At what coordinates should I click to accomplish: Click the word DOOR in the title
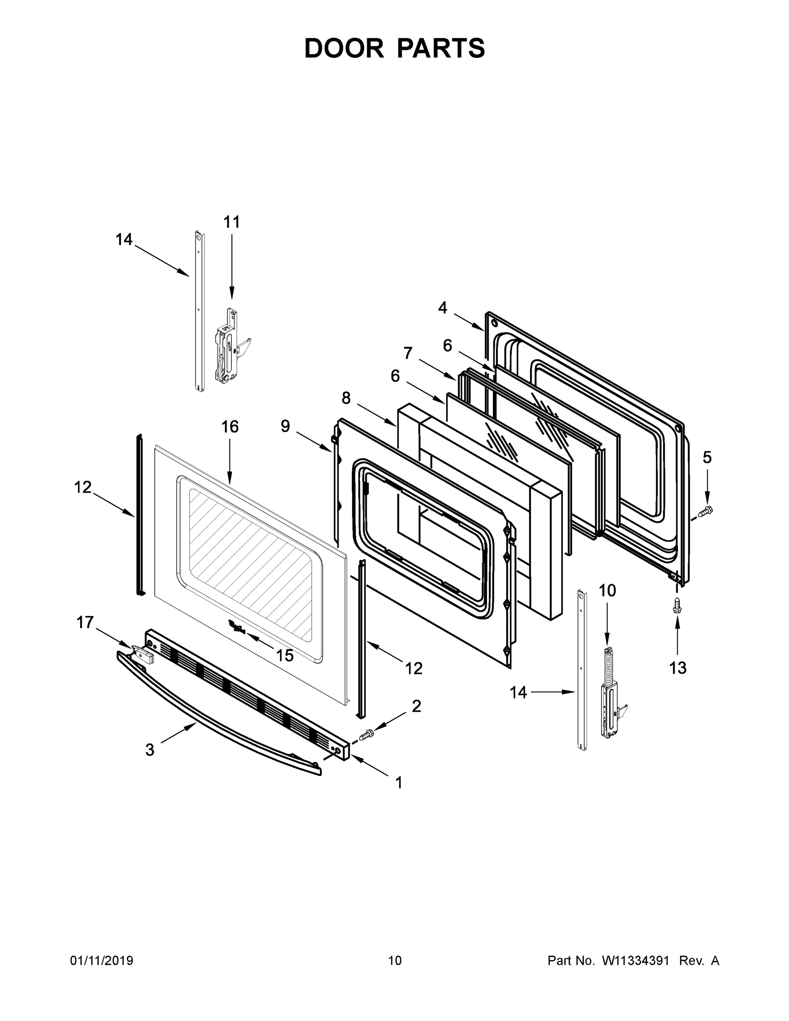pyautogui.click(x=344, y=48)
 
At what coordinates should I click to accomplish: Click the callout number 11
pyautogui.click(x=231, y=222)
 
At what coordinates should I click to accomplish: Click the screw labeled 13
pyautogui.click(x=676, y=605)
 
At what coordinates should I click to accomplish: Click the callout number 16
pyautogui.click(x=230, y=426)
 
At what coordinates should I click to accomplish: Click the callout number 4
pyautogui.click(x=442, y=308)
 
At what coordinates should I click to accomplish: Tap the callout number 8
pyautogui.click(x=346, y=398)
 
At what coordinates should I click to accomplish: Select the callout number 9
pyautogui.click(x=285, y=426)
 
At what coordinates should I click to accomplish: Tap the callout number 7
pyautogui.click(x=407, y=353)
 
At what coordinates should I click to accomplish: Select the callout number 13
pyautogui.click(x=677, y=668)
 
